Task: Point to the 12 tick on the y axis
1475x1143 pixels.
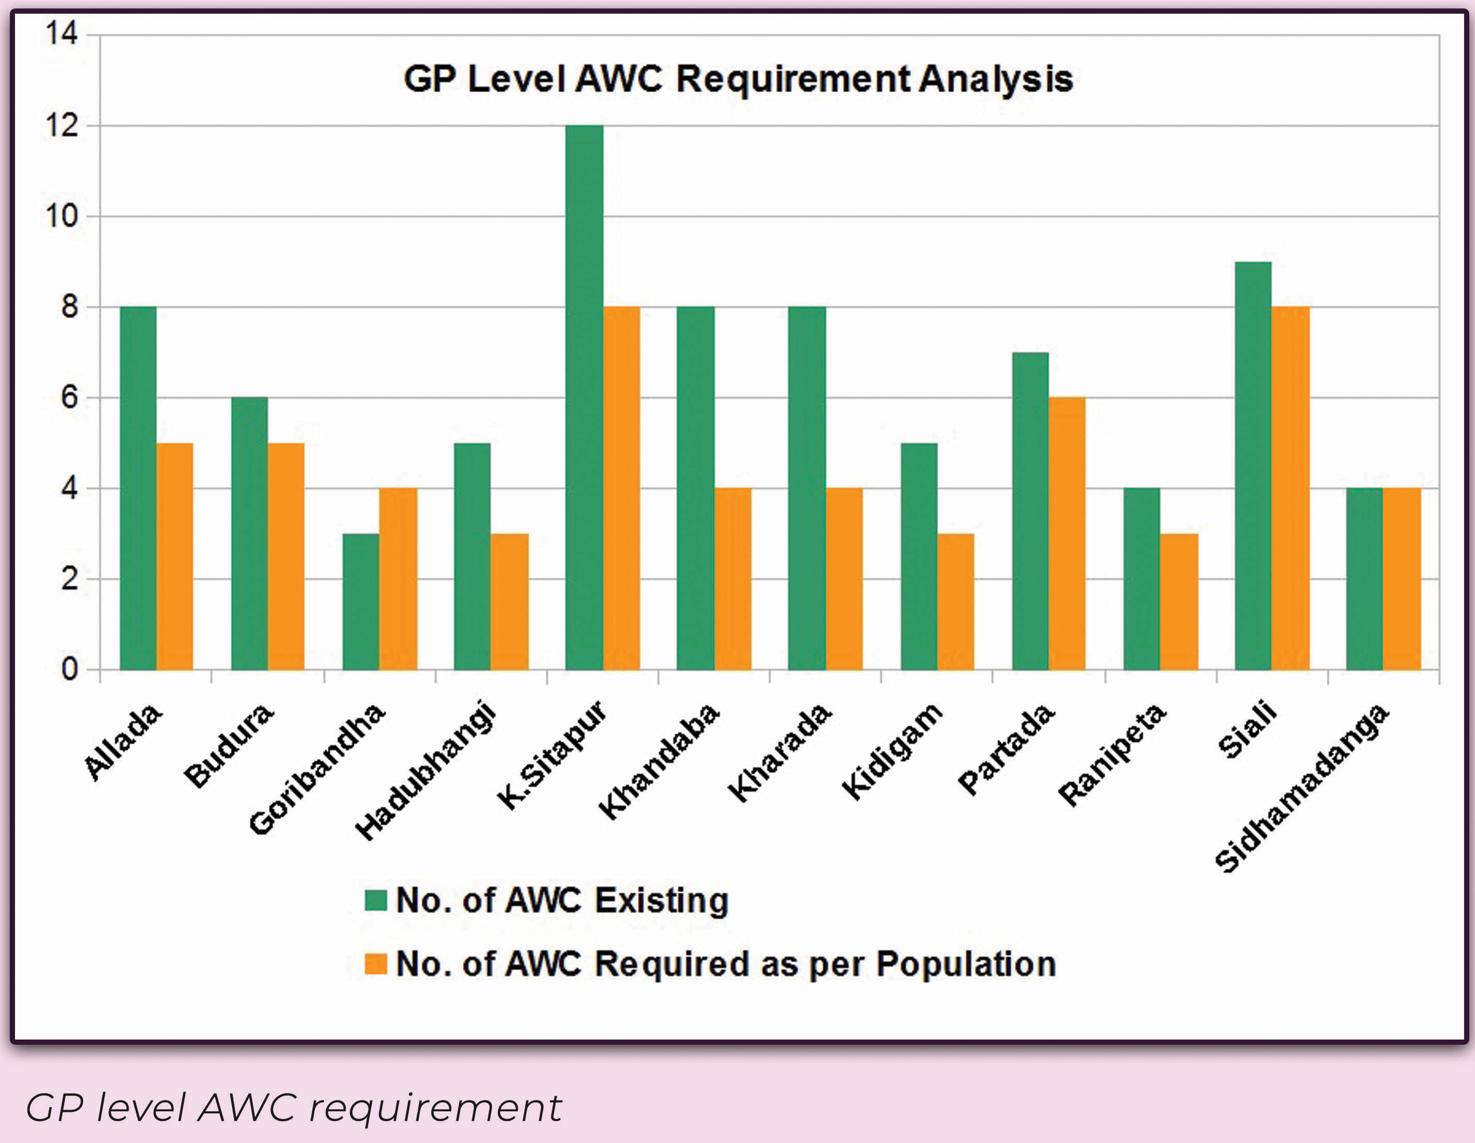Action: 62,126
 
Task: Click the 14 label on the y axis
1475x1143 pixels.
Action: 62,34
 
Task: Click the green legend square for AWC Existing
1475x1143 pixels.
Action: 376,901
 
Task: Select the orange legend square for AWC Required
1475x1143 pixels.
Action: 376,964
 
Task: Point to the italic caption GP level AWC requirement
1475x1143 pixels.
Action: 294,1108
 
